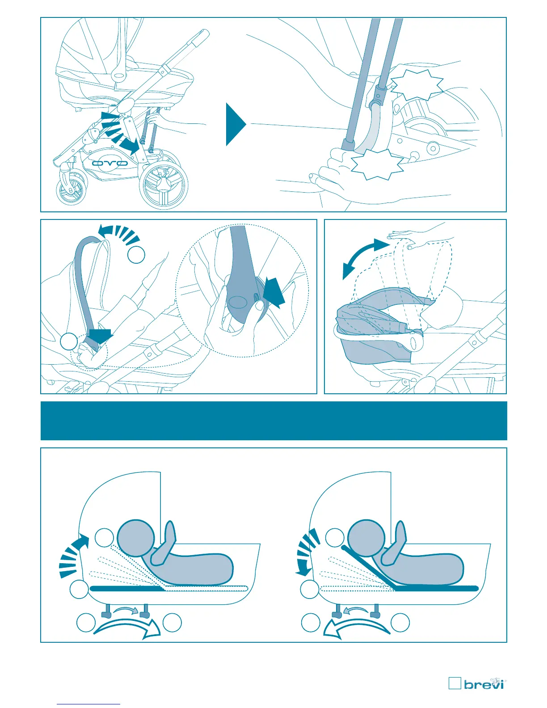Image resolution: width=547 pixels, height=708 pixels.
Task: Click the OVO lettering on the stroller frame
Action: click(x=110, y=163)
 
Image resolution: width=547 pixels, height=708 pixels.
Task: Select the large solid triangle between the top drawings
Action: click(x=235, y=124)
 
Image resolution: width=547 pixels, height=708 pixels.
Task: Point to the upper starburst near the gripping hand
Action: click(x=417, y=84)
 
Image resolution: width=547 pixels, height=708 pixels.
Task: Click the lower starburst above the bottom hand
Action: click(x=377, y=164)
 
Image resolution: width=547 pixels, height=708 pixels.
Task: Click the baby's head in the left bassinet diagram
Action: click(x=136, y=538)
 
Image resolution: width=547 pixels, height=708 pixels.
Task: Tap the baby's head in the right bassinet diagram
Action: click(x=366, y=538)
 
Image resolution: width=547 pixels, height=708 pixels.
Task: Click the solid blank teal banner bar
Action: click(x=273, y=421)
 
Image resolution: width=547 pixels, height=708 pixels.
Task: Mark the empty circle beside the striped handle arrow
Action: click(x=136, y=254)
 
